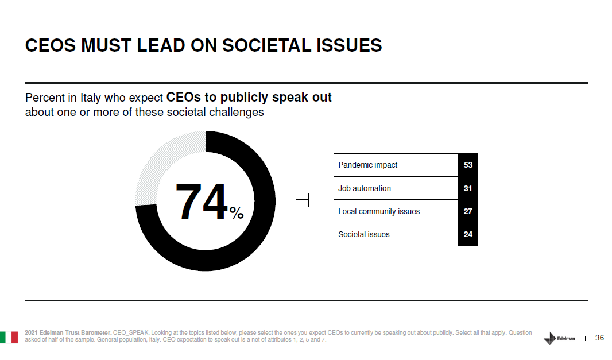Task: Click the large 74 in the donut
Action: click(202, 202)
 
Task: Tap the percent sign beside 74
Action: click(237, 214)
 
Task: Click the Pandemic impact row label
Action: click(367, 165)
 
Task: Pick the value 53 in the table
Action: click(468, 165)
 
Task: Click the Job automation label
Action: click(364, 188)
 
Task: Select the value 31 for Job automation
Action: click(468, 188)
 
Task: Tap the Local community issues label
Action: click(379, 211)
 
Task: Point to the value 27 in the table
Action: click(468, 211)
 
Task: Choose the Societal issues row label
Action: click(363, 234)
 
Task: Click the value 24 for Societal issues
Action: click(468, 234)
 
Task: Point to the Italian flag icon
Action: click(9, 336)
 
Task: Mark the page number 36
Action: click(599, 338)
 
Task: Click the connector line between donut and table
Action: click(304, 200)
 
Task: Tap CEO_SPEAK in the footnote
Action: click(131, 332)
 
